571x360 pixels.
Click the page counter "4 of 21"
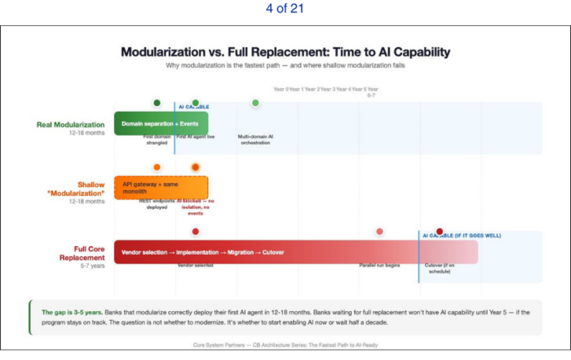285,9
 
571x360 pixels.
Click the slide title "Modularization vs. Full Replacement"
285,52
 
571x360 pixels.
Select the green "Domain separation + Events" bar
161,124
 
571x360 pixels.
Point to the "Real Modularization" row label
71,124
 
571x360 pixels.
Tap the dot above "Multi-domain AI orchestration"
255,103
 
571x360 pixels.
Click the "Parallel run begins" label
379,265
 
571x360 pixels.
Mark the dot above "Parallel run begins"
379,232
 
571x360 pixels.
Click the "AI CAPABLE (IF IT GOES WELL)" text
462,235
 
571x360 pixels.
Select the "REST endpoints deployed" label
157,203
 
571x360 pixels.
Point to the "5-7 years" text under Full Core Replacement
92,265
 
